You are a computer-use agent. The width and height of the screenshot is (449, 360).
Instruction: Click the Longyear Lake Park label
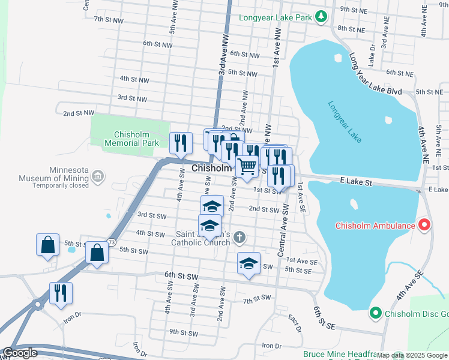pos(276,17)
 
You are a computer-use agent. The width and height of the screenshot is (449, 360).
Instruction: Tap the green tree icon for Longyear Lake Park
pos(322,17)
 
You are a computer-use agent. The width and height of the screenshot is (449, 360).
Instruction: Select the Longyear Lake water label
pos(345,122)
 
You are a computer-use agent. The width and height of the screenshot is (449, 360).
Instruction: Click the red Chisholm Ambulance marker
pos(424,226)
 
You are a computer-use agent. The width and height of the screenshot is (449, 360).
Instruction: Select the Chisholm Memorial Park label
pos(131,139)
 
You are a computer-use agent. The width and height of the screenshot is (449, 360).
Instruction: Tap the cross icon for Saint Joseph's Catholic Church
pos(239,238)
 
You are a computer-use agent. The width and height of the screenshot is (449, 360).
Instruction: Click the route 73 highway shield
pos(112,242)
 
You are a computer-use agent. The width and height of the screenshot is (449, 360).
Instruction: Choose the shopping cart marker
pos(247,167)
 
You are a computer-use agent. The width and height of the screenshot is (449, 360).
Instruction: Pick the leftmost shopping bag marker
pos(47,245)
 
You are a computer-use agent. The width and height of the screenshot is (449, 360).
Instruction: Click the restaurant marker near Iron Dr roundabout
pos(61,294)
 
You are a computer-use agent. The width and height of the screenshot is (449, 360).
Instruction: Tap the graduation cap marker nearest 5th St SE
pos(249,263)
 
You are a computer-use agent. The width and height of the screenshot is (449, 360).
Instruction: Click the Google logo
pos(20,353)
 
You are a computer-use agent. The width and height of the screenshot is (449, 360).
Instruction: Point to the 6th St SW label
pos(181,275)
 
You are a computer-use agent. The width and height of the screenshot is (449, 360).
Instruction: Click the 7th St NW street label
pos(108,19)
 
